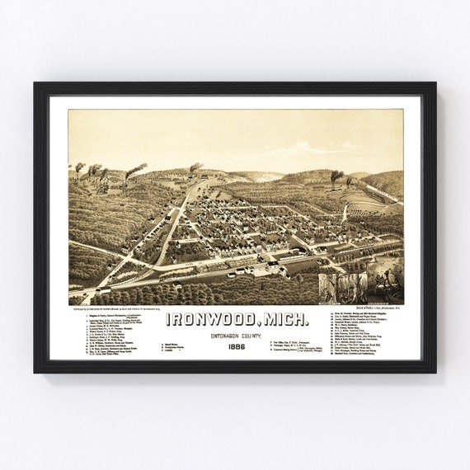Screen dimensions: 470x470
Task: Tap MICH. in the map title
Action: click(x=284, y=319)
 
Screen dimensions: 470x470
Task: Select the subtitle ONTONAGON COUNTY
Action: click(x=236, y=334)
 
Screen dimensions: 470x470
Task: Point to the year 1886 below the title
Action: click(x=236, y=347)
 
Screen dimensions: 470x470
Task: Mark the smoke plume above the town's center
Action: click(x=195, y=167)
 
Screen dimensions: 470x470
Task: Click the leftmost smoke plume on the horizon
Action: click(x=79, y=167)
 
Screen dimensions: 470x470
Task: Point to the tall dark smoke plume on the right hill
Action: click(x=336, y=176)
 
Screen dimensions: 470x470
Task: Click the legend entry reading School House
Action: click(x=174, y=341)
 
